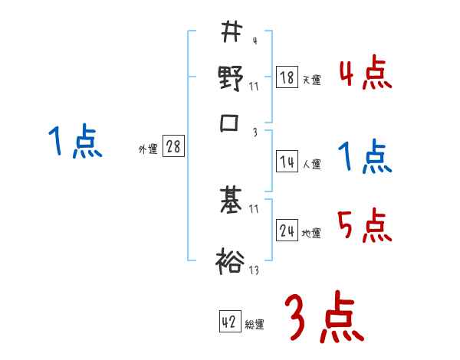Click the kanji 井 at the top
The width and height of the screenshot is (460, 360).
[231, 31]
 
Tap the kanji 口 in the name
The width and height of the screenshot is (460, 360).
[231, 123]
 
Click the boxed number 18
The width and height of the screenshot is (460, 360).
[287, 77]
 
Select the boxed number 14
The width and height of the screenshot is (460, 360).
[287, 162]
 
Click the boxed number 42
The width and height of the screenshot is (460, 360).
[229, 322]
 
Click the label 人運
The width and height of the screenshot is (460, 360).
[312, 164]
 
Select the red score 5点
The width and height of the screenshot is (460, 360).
[366, 225]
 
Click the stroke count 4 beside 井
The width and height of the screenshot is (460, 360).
[254, 41]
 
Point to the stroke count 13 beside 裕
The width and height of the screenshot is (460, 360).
[255, 270]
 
